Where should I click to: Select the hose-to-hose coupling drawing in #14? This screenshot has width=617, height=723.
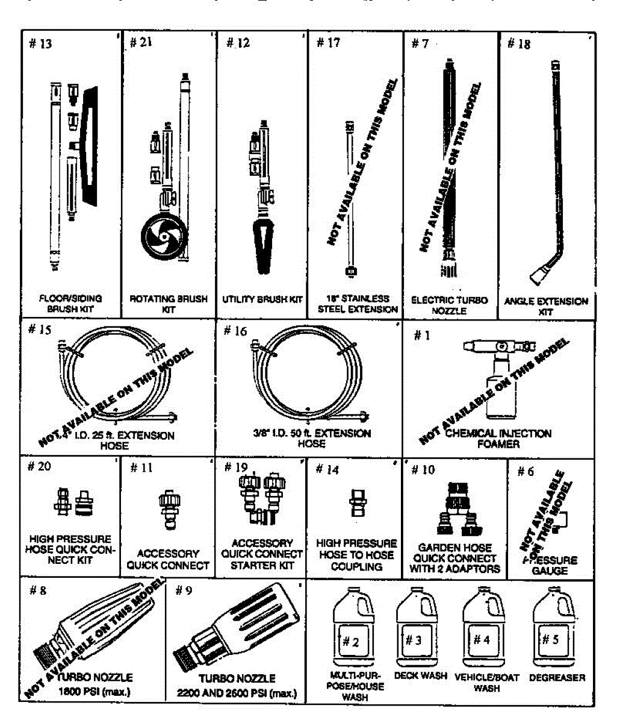click(x=355, y=504)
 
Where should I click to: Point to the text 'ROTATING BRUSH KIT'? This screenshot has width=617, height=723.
click(x=169, y=304)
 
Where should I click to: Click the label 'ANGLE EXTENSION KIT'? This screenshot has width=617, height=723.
click(x=545, y=306)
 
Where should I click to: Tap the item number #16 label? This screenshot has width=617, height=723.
click(x=235, y=331)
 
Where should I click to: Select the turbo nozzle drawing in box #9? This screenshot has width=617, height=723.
click(x=235, y=630)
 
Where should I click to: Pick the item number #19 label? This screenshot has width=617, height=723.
click(x=235, y=468)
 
